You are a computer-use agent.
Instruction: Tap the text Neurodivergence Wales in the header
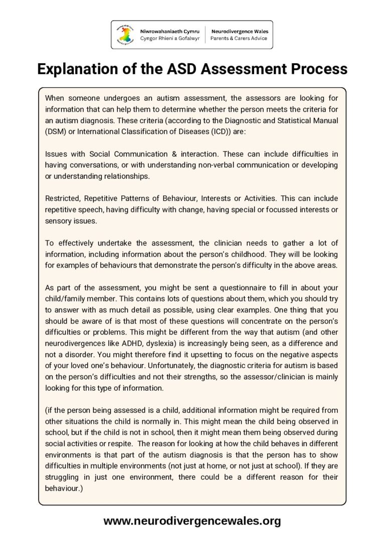(x=239, y=31)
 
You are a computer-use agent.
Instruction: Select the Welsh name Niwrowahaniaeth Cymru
(x=169, y=31)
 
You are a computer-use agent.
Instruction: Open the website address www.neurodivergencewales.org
(x=192, y=521)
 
